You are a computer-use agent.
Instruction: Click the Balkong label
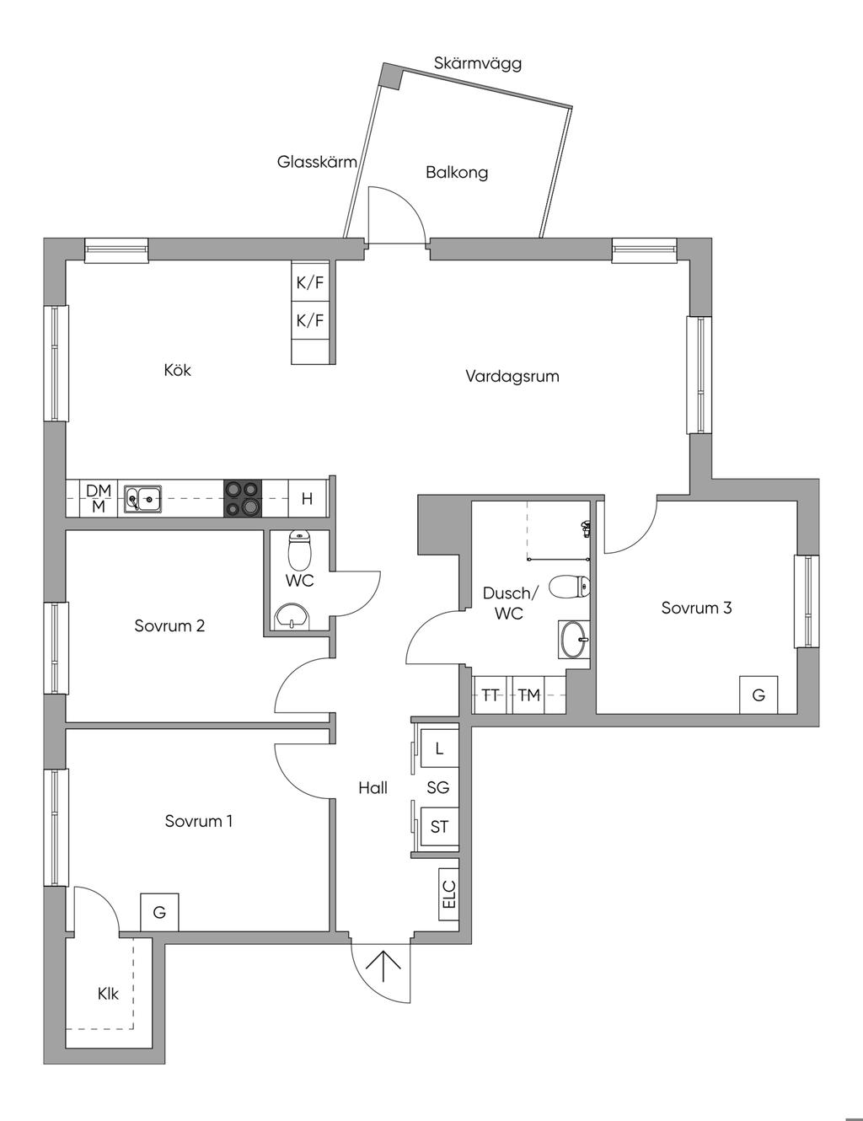click(456, 173)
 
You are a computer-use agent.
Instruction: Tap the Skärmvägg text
click(478, 63)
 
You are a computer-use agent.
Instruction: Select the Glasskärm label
click(317, 162)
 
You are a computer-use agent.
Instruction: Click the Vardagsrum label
click(512, 376)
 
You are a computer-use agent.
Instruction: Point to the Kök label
click(178, 369)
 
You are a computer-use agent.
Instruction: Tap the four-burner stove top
click(243, 498)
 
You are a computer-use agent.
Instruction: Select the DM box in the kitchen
click(99, 491)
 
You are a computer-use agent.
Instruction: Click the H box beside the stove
click(307, 499)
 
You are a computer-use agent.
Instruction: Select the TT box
click(490, 695)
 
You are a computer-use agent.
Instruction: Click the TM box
click(529, 695)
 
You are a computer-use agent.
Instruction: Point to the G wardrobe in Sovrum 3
click(758, 695)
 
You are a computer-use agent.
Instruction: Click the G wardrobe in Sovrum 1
click(159, 912)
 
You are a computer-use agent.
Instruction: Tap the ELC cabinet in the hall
click(448, 894)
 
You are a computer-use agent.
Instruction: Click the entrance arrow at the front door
click(384, 965)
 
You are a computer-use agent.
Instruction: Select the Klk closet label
click(108, 994)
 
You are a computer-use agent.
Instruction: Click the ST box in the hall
click(439, 827)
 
